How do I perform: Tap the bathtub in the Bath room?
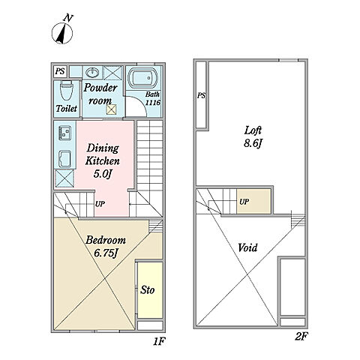(142, 78)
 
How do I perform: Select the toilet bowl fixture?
(67, 91)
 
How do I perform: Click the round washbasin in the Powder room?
(92, 73)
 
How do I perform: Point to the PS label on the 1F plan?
(60, 71)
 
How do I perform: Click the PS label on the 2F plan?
(201, 95)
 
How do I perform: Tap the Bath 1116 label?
(152, 98)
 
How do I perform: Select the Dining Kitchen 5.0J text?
(102, 161)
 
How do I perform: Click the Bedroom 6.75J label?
(106, 246)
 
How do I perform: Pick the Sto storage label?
(147, 290)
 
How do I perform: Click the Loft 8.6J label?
(253, 136)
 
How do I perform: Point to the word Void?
(247, 247)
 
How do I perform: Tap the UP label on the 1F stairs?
(100, 204)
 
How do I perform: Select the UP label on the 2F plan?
(244, 202)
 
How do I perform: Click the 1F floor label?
(159, 341)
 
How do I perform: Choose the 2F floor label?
(301, 337)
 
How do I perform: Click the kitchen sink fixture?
(65, 159)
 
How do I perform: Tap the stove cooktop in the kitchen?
(64, 133)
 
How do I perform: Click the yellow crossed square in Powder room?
(111, 109)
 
